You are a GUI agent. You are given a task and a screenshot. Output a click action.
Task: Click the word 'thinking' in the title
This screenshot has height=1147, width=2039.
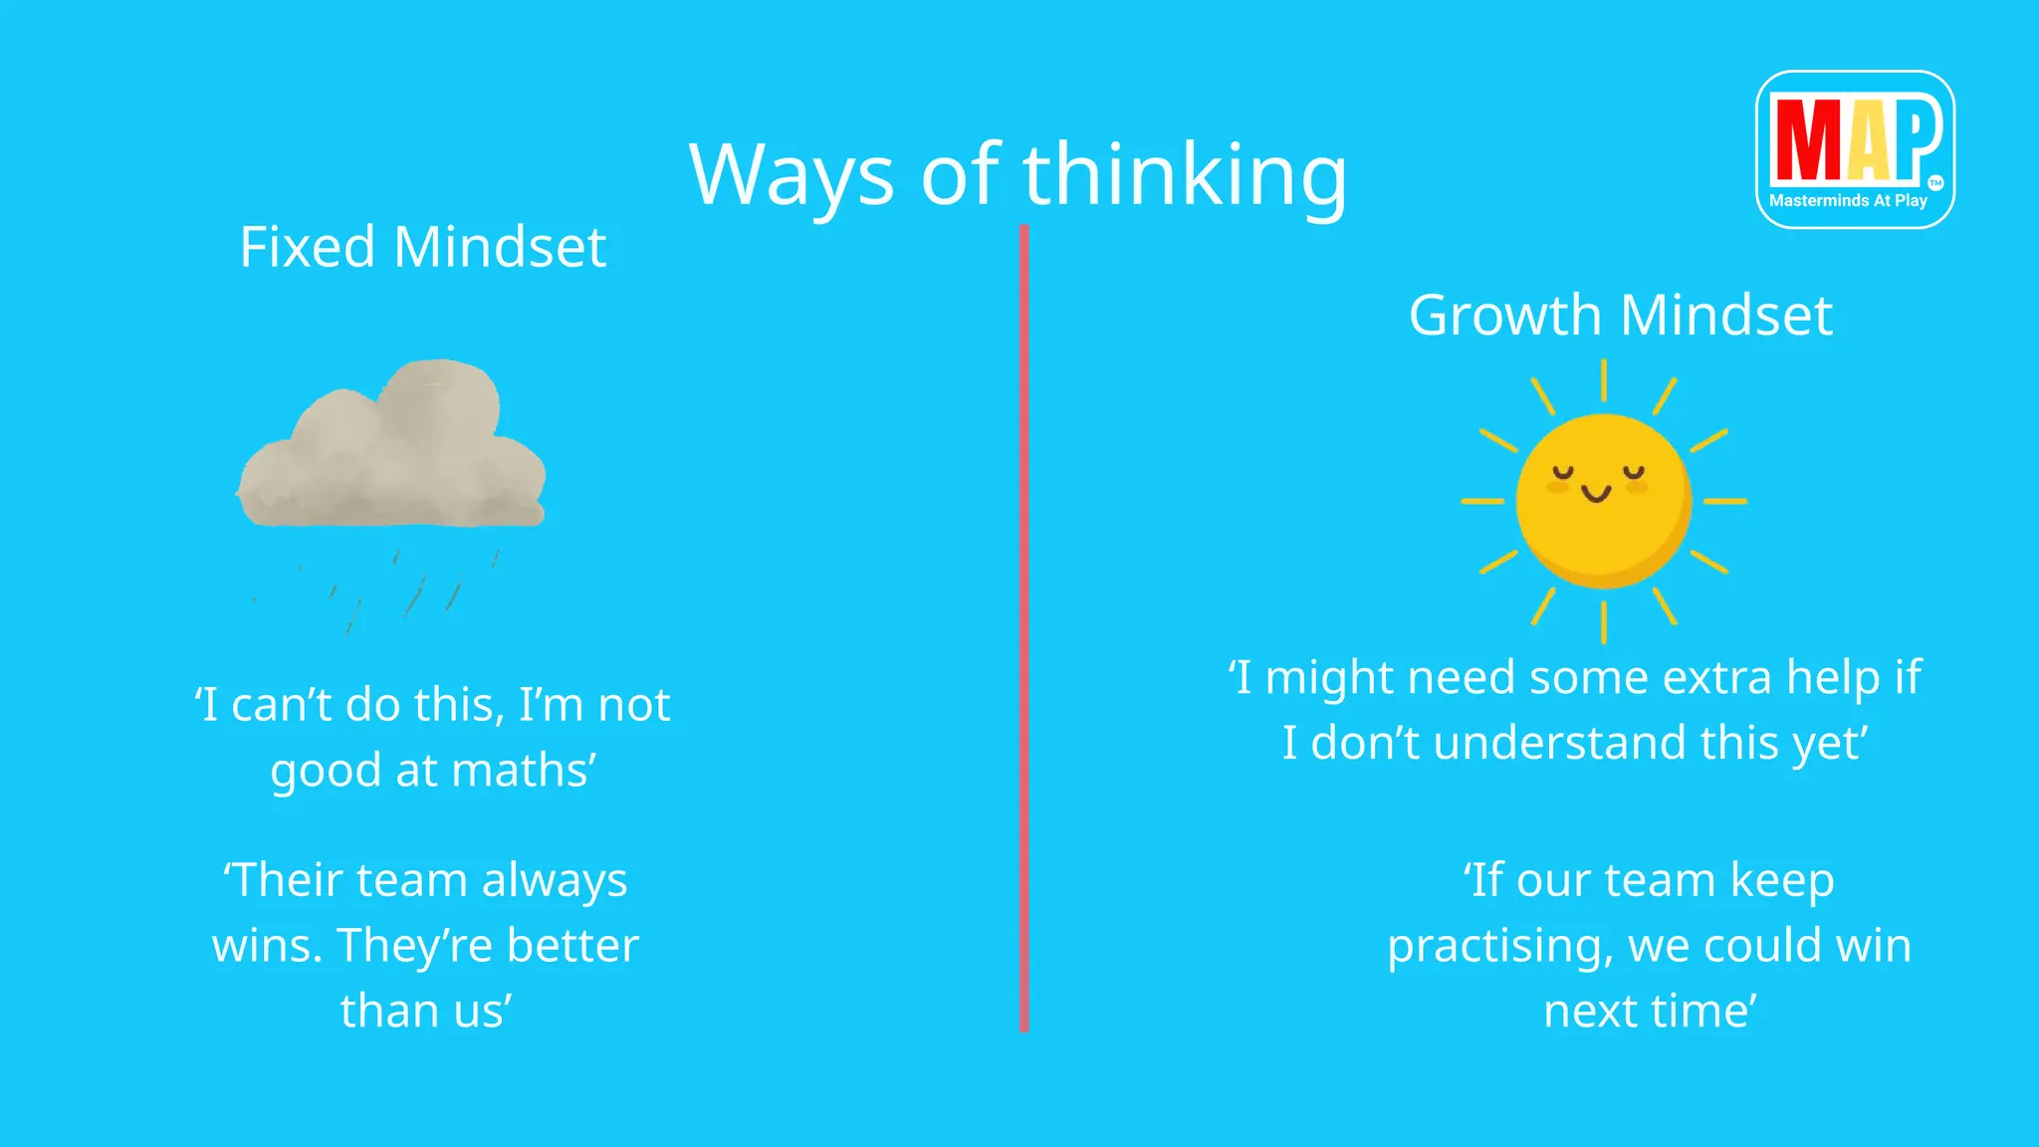[1185, 175]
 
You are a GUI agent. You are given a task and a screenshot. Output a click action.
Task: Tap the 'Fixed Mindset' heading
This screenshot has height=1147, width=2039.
[422, 247]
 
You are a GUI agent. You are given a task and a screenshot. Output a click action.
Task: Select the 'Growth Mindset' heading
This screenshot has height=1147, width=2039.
[1620, 316]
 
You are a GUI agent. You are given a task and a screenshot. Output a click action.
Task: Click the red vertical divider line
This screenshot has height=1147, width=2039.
[1023, 627]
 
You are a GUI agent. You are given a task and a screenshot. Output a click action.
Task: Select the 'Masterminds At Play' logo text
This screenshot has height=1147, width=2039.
[1848, 201]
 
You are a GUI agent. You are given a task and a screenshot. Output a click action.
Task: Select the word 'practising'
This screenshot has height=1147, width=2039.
[1499, 946]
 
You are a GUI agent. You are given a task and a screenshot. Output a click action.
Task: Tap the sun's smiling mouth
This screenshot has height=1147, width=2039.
[1596, 493]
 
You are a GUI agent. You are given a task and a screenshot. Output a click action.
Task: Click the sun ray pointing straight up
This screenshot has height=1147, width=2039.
[1603, 380]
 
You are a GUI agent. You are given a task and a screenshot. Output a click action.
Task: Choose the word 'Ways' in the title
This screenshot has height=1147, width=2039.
[792, 175]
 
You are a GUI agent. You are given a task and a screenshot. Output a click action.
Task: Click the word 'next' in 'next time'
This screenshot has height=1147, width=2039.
[1589, 1012]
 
